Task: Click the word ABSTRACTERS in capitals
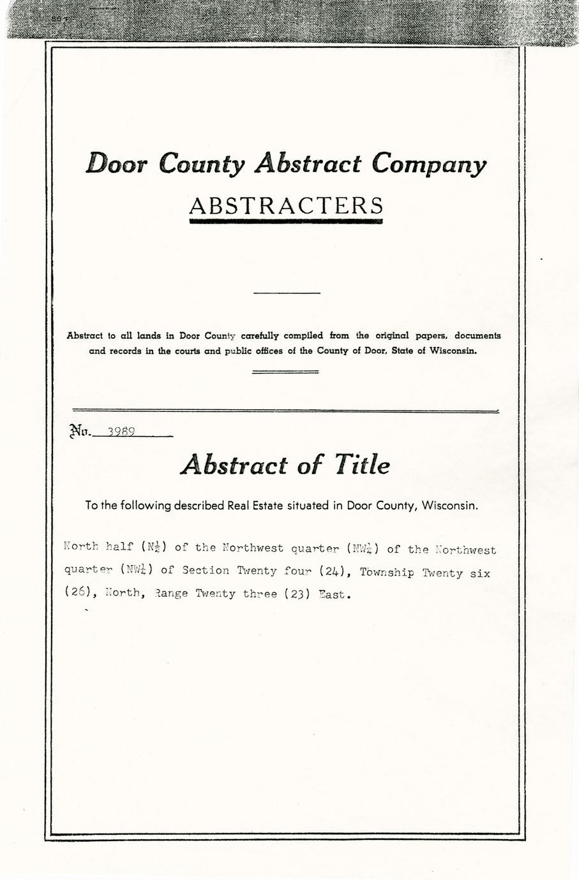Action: [x=287, y=205]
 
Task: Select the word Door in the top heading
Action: [x=117, y=164]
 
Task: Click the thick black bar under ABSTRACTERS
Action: [x=286, y=221]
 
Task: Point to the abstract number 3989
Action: [x=121, y=431]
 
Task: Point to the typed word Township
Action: [x=387, y=573]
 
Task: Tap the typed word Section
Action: [x=206, y=571]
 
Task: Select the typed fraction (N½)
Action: [x=153, y=547]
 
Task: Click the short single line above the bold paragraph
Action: [x=287, y=293]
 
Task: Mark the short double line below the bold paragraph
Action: [x=285, y=371]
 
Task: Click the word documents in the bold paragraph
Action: [x=478, y=335]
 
